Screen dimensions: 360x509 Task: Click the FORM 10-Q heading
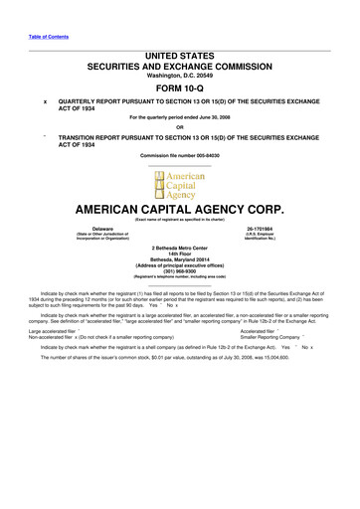click(180, 88)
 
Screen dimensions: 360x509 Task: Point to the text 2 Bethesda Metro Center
click(180, 246)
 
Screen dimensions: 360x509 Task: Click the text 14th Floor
click(180, 253)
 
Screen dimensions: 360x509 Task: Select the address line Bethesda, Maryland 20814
click(180, 259)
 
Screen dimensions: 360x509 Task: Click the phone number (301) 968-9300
click(180, 273)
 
